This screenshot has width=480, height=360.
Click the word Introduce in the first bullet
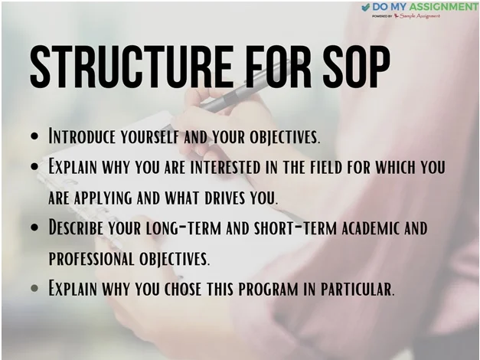[x=81, y=137]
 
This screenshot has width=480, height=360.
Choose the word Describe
[x=77, y=227]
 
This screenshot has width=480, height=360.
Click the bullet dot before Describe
[x=35, y=228]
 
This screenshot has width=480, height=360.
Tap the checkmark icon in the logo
[x=365, y=8]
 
